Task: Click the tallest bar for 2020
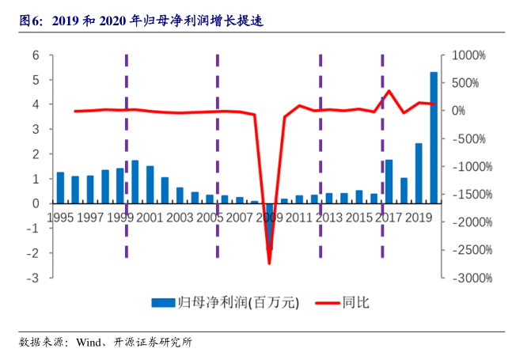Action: coord(434,138)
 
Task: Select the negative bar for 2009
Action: coord(269,226)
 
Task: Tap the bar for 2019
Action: coord(419,173)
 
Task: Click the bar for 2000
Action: coord(135,182)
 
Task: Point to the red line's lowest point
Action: coord(269,263)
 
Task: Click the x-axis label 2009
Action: coord(269,217)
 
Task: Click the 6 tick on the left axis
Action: coord(36,55)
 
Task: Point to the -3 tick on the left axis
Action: coord(33,279)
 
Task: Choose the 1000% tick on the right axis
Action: coord(468,55)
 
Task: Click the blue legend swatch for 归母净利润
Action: coord(163,302)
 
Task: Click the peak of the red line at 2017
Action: coord(388,91)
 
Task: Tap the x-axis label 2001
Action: coord(150,217)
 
